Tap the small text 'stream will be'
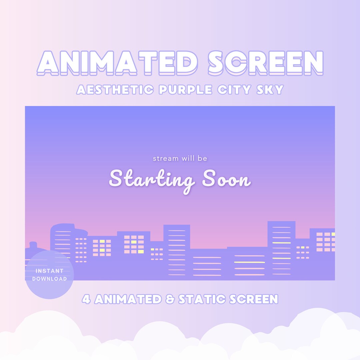point(180,159)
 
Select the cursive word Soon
point(226,180)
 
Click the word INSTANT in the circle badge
point(49,271)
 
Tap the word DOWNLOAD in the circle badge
point(49,279)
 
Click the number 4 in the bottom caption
point(86,299)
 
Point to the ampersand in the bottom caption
point(170,299)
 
